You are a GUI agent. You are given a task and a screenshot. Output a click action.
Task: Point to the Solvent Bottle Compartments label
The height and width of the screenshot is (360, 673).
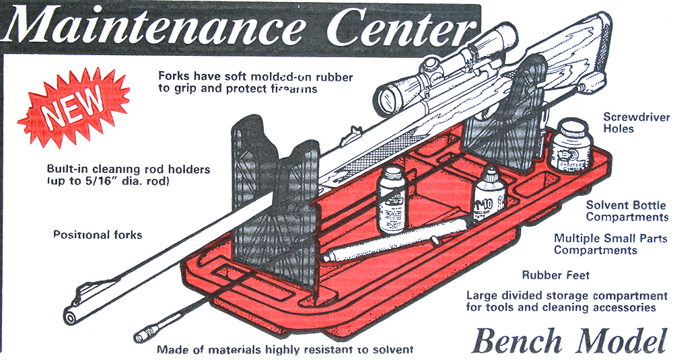(627, 211)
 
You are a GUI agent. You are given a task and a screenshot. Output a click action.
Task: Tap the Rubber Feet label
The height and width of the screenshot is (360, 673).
(555, 275)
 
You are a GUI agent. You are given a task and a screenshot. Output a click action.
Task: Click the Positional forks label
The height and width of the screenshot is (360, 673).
(98, 235)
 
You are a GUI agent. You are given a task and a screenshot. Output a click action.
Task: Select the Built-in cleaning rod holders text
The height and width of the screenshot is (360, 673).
(129, 174)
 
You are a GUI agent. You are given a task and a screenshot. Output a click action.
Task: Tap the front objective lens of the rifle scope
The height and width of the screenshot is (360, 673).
(388, 98)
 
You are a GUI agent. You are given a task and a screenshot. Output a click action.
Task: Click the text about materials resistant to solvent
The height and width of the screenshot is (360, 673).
(285, 349)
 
